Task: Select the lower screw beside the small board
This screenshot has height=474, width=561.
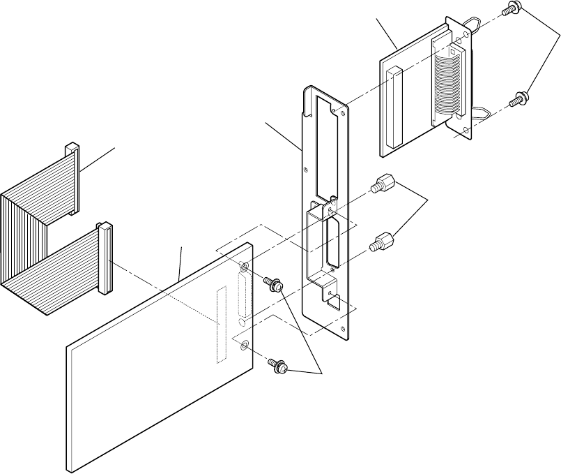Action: click(x=516, y=100)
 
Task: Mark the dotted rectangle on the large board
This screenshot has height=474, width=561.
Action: click(x=222, y=325)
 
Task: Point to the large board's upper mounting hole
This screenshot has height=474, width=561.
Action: click(x=244, y=268)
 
